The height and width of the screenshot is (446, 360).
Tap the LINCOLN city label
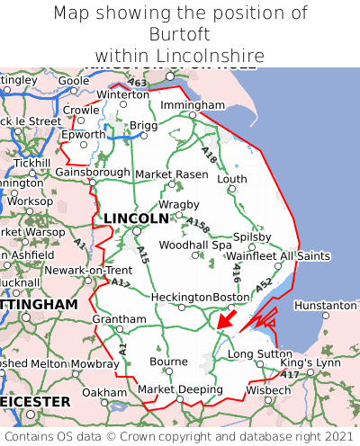pyautogui.click(x=136, y=219)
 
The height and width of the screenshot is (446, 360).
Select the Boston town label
pyautogui.click(x=230, y=297)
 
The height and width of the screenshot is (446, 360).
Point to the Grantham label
pyautogui.click(x=119, y=319)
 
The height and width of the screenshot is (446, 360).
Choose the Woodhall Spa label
pyautogui.click(x=195, y=245)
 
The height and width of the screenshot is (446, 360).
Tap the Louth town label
pyautogui.click(x=232, y=179)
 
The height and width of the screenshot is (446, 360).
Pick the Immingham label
pyautogui.click(x=192, y=105)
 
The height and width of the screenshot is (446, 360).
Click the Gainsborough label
pyautogui.click(x=93, y=172)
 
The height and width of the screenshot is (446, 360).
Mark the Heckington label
pyautogui.click(x=181, y=297)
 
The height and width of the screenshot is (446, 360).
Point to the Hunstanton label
pyautogui.click(x=325, y=306)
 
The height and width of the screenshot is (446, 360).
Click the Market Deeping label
pyautogui.click(x=180, y=389)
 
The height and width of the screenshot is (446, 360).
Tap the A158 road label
pyautogui.click(x=198, y=224)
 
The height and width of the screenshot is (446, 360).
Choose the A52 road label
pyautogui.click(x=264, y=284)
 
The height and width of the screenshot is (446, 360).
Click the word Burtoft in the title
pyautogui.click(x=179, y=34)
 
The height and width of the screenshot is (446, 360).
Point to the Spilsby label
pyautogui.click(x=252, y=236)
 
